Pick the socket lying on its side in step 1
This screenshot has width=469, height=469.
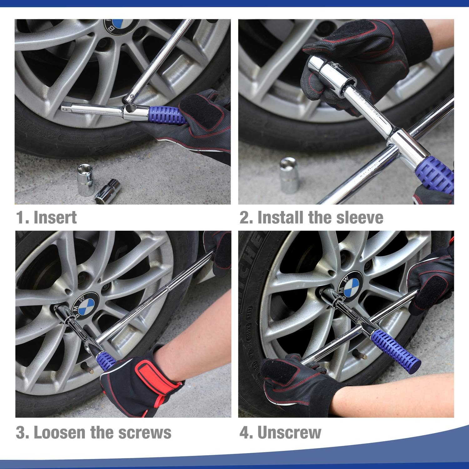pyautogui.click(x=108, y=191)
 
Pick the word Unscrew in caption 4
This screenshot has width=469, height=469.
pyautogui.click(x=289, y=432)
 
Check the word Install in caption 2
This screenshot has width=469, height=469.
pyautogui.click(x=280, y=217)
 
